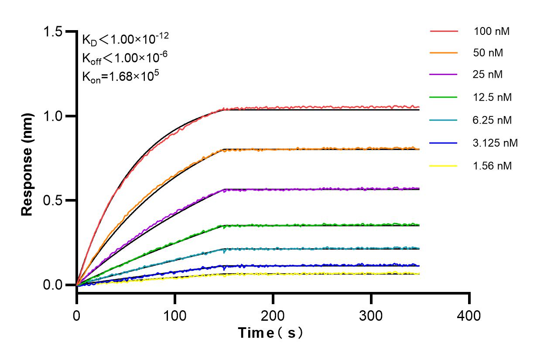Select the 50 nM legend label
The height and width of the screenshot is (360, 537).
tap(488, 53)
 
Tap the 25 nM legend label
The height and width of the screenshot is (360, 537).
tap(488, 75)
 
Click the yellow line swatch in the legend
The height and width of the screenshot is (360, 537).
tap(444, 166)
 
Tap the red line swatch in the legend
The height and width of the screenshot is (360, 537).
tap(444, 31)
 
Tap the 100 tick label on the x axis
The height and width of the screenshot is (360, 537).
tap(175, 315)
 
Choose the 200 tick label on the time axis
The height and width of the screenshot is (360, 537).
tap(273, 315)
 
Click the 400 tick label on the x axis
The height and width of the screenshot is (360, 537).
tap(469, 315)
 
